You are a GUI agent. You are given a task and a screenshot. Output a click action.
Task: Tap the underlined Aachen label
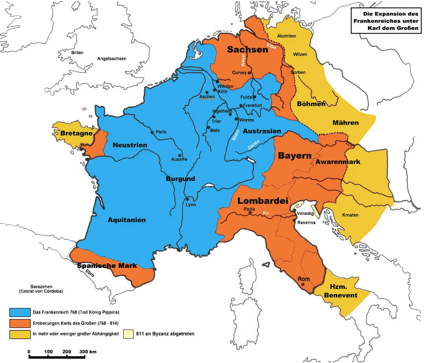207,97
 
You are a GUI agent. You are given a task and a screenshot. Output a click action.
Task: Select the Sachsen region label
248,49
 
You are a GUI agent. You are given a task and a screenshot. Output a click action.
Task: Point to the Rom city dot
303,284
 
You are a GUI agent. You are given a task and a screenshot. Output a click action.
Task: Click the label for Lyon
191,205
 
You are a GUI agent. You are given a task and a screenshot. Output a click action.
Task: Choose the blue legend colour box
20,312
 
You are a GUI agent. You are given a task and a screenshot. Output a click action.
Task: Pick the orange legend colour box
20,323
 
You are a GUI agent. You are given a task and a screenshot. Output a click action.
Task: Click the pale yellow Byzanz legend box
128,334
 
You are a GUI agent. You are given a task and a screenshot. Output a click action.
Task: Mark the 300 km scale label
88,352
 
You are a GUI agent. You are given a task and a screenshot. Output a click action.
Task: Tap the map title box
386,21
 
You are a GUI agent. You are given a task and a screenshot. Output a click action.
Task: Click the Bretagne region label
77,133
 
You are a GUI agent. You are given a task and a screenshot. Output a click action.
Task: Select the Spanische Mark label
107,266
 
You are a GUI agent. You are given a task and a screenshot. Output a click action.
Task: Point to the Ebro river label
90,273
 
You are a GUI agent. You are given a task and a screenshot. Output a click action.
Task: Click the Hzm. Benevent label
340,291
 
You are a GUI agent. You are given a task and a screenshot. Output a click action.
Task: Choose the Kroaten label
350,215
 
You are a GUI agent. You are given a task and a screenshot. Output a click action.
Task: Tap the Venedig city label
305,213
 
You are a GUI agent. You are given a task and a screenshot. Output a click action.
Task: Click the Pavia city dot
250,213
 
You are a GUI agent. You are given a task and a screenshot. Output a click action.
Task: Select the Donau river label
253,145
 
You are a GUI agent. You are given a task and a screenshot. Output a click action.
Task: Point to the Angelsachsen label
112,59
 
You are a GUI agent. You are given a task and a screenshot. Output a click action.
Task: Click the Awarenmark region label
338,162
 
